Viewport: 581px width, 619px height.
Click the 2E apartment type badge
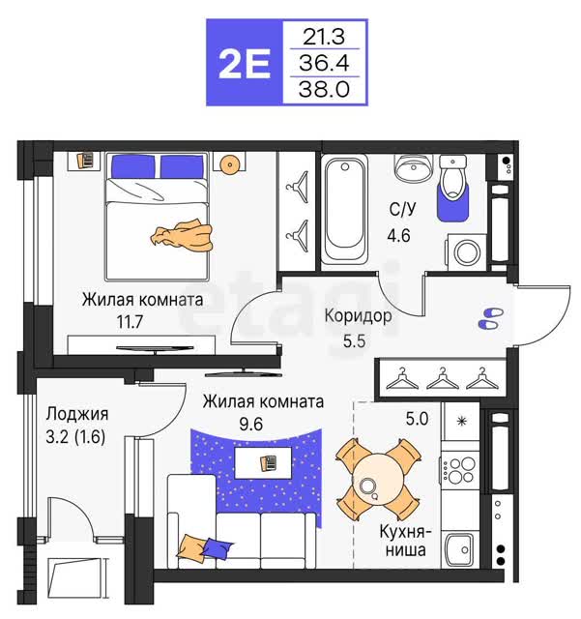tap(245, 62)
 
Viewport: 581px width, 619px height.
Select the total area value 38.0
tap(324, 89)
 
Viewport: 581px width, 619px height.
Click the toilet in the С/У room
tap(453, 178)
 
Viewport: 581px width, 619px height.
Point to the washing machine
tap(467, 251)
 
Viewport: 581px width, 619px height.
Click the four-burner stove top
tap(460, 469)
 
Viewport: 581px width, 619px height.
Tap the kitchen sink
tap(460, 549)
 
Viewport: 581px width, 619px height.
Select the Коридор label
tap(358, 316)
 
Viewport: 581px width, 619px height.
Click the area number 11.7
tap(130, 322)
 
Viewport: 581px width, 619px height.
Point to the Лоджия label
tap(77, 415)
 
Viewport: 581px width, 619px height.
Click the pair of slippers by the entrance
tap(491, 318)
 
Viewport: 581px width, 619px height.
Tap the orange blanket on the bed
tap(182, 236)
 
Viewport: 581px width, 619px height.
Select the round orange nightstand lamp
tap(229, 163)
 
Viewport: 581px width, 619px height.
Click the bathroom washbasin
tap(412, 167)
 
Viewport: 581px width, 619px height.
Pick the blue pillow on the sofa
tap(217, 546)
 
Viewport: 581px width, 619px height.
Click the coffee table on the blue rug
tap(263, 462)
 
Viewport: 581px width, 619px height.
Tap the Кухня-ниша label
tap(405, 541)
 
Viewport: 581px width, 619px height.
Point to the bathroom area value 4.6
tap(398, 236)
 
